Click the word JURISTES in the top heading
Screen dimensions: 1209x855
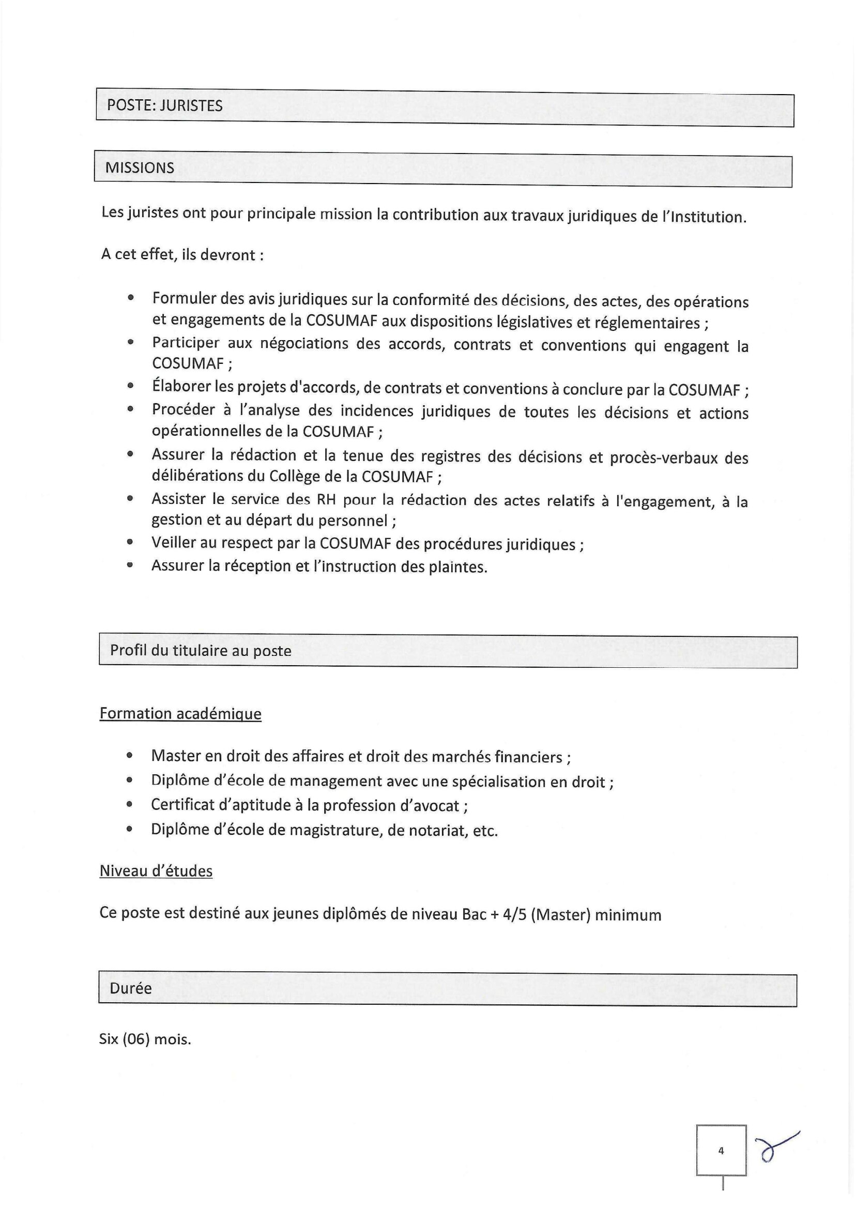(191, 106)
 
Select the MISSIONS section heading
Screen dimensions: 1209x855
(140, 168)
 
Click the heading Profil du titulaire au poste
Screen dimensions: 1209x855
(201, 651)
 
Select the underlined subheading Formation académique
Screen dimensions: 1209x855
(180, 714)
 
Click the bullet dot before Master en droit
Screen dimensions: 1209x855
(130, 756)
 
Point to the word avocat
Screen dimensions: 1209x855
(435, 806)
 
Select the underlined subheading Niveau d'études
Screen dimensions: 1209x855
(156, 871)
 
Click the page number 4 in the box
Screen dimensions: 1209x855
(721, 1151)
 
